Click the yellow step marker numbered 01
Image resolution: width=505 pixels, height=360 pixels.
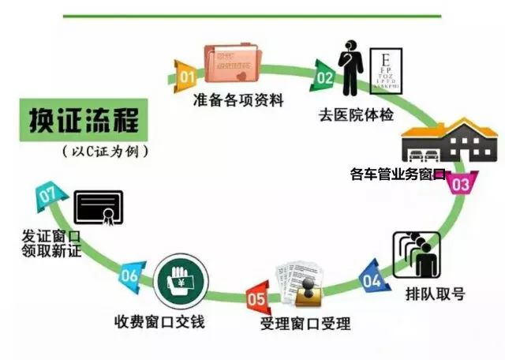click(185, 77)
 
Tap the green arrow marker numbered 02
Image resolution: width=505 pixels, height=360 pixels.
click(323, 77)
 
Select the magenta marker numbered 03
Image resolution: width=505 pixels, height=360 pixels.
click(462, 183)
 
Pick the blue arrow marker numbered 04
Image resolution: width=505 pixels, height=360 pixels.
click(373, 278)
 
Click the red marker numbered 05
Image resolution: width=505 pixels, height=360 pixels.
click(258, 298)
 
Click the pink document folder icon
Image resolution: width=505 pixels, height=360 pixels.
click(233, 63)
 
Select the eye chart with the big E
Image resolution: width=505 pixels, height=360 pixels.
click(386, 71)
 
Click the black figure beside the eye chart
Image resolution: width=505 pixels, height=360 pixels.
click(350, 68)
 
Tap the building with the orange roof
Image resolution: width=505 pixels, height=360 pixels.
click(450, 141)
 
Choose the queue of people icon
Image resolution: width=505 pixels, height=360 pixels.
click(417, 255)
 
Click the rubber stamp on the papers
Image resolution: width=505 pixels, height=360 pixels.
click(309, 292)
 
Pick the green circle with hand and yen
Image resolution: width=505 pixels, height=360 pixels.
click(181, 281)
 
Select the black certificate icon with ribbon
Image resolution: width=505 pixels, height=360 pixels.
click(99, 208)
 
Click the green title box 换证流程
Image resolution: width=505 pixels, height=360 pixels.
click(84, 120)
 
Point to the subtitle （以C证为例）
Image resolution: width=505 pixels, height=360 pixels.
click(105, 152)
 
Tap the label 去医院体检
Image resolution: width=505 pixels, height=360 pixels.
click(356, 115)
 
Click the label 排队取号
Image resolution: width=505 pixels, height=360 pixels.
click(435, 294)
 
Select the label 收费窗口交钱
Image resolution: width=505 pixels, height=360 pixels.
click(159, 321)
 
